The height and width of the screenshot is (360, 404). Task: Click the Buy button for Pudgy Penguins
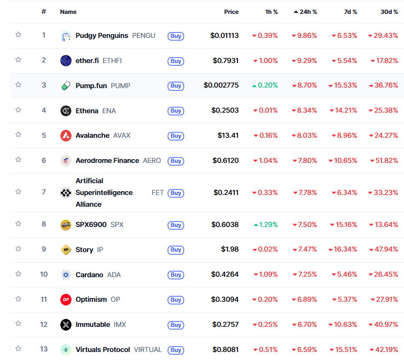coord(176,36)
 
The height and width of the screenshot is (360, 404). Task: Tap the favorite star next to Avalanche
coord(18,135)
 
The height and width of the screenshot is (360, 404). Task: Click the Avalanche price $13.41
coord(228,135)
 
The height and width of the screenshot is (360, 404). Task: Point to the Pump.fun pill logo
coord(66,85)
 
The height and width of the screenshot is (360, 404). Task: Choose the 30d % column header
coord(389,11)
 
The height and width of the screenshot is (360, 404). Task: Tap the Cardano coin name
coord(89,275)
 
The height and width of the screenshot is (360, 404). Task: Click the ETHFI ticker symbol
coord(112,60)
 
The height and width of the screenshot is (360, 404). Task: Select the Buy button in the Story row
coord(176,250)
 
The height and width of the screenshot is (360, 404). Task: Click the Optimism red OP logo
coord(66,300)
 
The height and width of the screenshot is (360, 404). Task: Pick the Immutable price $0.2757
coord(226,324)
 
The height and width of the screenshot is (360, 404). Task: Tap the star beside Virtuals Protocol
coord(18,348)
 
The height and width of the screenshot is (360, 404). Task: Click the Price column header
coord(231,11)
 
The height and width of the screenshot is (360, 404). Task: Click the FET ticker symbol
coord(157,192)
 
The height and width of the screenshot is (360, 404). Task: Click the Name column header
coord(68,11)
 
